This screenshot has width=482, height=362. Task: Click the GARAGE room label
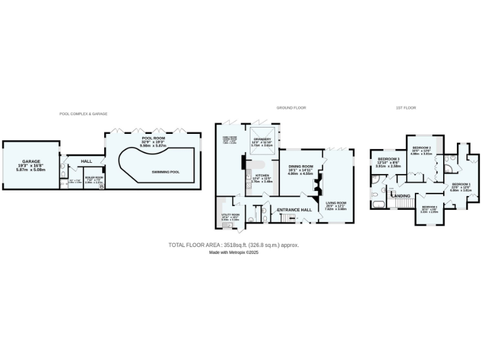point(31,161)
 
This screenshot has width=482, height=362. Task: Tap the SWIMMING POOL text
point(165,172)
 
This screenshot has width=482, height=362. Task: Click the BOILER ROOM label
point(94,177)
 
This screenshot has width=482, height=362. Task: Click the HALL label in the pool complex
point(87,161)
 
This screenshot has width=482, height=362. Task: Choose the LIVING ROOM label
point(336,202)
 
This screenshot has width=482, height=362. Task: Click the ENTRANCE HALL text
point(294,209)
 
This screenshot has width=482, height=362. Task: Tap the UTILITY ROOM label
point(230,215)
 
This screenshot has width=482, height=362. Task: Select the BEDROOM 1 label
point(460,184)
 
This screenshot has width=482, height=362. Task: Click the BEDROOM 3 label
point(388,159)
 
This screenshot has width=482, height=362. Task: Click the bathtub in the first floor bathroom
point(380,204)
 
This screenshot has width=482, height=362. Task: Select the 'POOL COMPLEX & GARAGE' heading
point(83,114)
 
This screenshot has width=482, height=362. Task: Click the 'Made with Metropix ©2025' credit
point(233,252)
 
